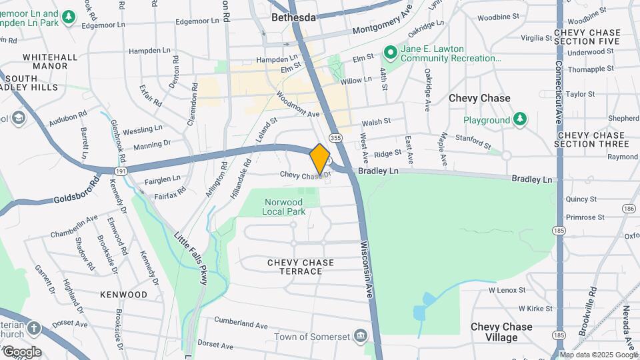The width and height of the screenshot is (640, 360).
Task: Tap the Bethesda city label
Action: [x=293, y=17]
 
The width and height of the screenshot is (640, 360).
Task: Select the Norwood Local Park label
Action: [x=285, y=207]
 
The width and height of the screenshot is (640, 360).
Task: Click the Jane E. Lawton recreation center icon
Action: [x=390, y=52]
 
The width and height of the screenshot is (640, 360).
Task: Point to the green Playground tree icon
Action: [x=520, y=120]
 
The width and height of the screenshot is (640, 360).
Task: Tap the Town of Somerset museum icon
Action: [x=361, y=335]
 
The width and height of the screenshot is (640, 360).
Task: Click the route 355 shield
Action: [x=336, y=138]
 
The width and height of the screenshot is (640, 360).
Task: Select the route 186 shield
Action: [x=628, y=209]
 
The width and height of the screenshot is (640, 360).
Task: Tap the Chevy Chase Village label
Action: [x=501, y=332]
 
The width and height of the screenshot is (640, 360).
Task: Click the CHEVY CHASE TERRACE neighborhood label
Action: [x=301, y=267]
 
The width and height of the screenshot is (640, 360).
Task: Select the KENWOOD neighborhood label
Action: [x=123, y=295]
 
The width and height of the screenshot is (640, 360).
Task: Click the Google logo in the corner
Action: [x=21, y=352]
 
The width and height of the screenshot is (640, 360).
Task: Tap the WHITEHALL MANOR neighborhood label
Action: [x=45, y=62]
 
